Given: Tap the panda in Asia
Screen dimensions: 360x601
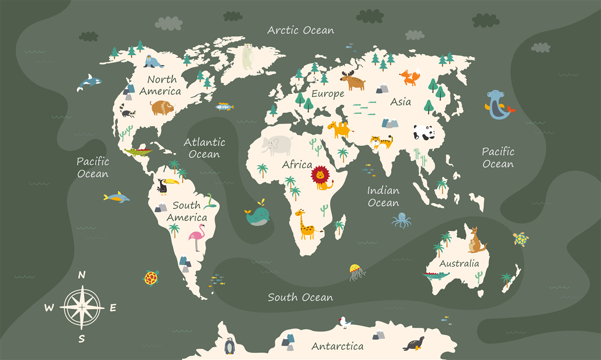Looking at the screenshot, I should click(424, 133).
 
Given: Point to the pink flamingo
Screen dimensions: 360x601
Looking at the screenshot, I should click(197, 237).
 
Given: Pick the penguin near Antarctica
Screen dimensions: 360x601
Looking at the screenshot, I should click(229, 346).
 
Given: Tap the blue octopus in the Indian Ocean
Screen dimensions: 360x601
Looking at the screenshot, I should click(402, 220).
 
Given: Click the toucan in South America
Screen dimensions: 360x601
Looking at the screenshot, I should click(163, 186).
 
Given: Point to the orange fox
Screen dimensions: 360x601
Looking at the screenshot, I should click(409, 78).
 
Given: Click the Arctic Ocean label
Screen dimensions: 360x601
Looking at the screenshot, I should click(300, 30).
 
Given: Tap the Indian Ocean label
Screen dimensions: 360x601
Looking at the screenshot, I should click(383, 197).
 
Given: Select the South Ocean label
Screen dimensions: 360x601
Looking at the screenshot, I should click(300, 297).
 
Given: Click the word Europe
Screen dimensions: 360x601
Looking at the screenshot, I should click(328, 94).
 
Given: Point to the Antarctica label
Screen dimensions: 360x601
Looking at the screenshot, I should click(337, 346).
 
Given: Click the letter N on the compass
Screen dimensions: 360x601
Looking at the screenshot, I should click(82, 274).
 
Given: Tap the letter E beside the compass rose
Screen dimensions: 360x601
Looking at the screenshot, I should click(113, 308).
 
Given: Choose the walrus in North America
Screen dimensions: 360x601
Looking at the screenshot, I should click(153, 62).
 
